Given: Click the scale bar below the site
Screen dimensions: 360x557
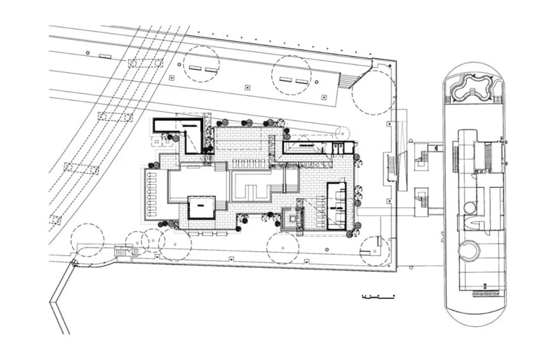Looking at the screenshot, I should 379,297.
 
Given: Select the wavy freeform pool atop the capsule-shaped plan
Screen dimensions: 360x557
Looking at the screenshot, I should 470,89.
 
